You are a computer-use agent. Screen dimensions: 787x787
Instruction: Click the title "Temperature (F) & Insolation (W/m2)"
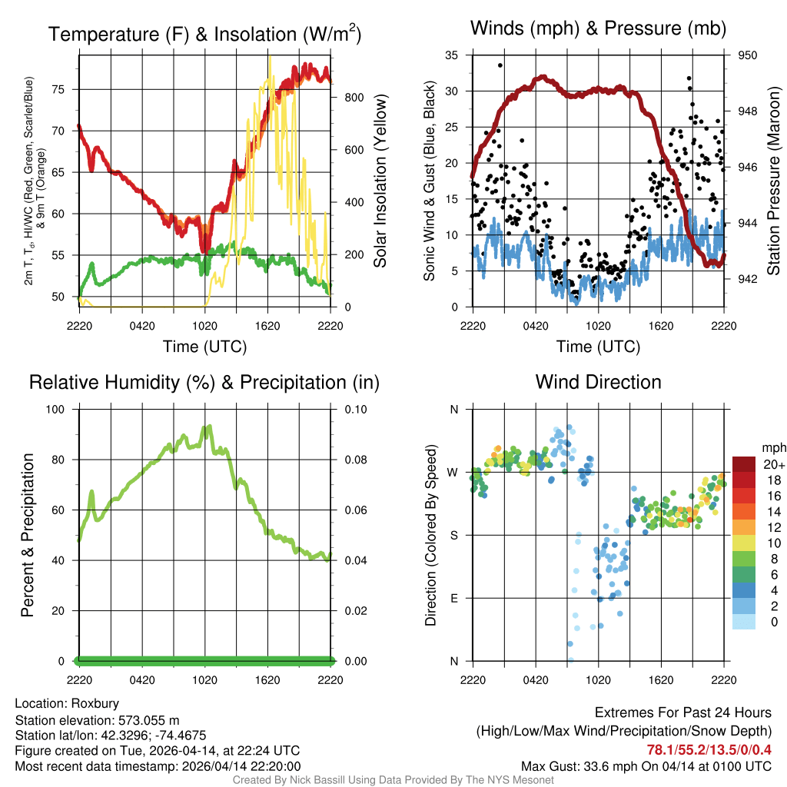[204, 35]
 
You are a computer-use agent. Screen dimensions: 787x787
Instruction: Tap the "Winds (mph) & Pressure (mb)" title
[599, 28]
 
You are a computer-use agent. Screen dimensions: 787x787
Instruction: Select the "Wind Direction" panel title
[598, 382]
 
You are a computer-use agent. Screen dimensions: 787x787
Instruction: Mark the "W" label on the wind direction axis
[453, 472]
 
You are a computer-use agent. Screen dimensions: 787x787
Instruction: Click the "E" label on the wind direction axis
[453, 598]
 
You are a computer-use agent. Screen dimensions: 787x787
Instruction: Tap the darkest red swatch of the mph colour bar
[745, 464]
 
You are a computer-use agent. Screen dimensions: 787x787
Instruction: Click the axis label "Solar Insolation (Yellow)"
[380, 181]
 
